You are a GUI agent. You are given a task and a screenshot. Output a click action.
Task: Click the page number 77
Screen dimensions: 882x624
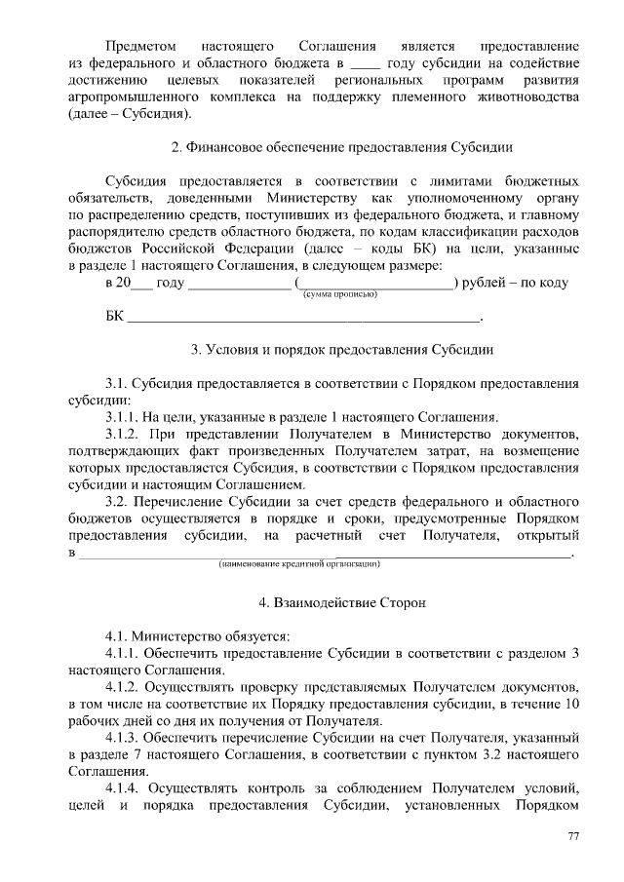[574, 837]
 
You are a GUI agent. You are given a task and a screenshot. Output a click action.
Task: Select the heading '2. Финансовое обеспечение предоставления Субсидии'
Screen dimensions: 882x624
[342, 148]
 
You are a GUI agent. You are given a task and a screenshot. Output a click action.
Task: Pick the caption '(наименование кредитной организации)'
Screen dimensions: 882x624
[298, 563]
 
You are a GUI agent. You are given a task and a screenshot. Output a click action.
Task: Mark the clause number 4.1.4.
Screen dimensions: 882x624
[125, 788]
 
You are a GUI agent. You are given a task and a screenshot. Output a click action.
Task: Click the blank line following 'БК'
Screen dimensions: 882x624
[304, 318]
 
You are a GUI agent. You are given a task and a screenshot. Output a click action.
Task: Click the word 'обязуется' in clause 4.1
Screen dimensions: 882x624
[249, 636]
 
